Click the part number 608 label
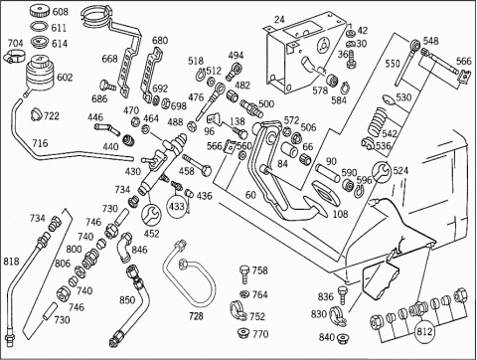click(61, 12)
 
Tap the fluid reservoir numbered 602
click(40, 75)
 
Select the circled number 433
click(177, 206)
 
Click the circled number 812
click(424, 331)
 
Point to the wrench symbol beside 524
click(382, 172)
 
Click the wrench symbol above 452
click(151, 215)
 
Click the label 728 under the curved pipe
click(196, 316)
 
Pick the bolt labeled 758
click(244, 274)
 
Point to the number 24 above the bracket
click(279, 20)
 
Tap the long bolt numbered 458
click(197, 164)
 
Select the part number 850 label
click(127, 300)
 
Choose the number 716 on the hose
click(40, 143)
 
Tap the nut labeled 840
click(342, 339)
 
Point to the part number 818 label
click(11, 262)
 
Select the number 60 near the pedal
click(250, 195)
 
